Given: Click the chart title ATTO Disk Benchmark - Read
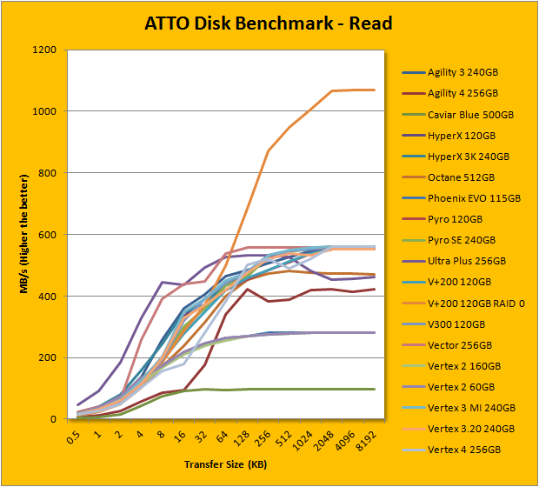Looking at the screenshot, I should coord(269,23).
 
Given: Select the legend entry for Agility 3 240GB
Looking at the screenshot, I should coord(462,73).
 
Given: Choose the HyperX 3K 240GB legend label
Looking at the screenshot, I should coord(468,157).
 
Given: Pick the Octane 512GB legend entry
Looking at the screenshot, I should coord(458,177).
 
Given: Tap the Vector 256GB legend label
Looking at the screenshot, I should coord(458,344).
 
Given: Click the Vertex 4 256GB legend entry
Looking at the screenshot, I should coord(462,449).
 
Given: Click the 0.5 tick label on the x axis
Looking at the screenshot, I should coord(79,435).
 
